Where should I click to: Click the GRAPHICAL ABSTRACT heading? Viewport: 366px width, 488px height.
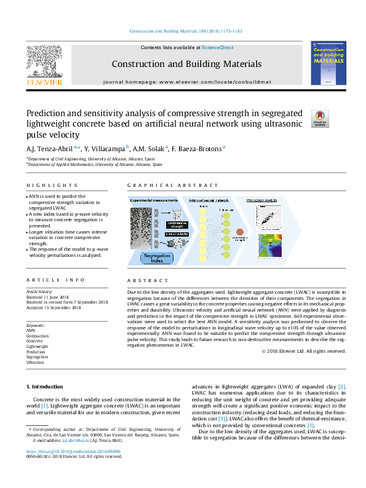tap(172, 185)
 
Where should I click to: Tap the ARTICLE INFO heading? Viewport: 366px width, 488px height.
tap(55, 280)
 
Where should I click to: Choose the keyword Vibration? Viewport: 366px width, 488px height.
tap(34, 363)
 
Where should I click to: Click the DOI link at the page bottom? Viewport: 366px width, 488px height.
tap(73, 451)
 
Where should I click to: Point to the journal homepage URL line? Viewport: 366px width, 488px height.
tap(188, 81)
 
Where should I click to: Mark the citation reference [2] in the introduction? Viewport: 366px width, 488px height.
tap(341, 386)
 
